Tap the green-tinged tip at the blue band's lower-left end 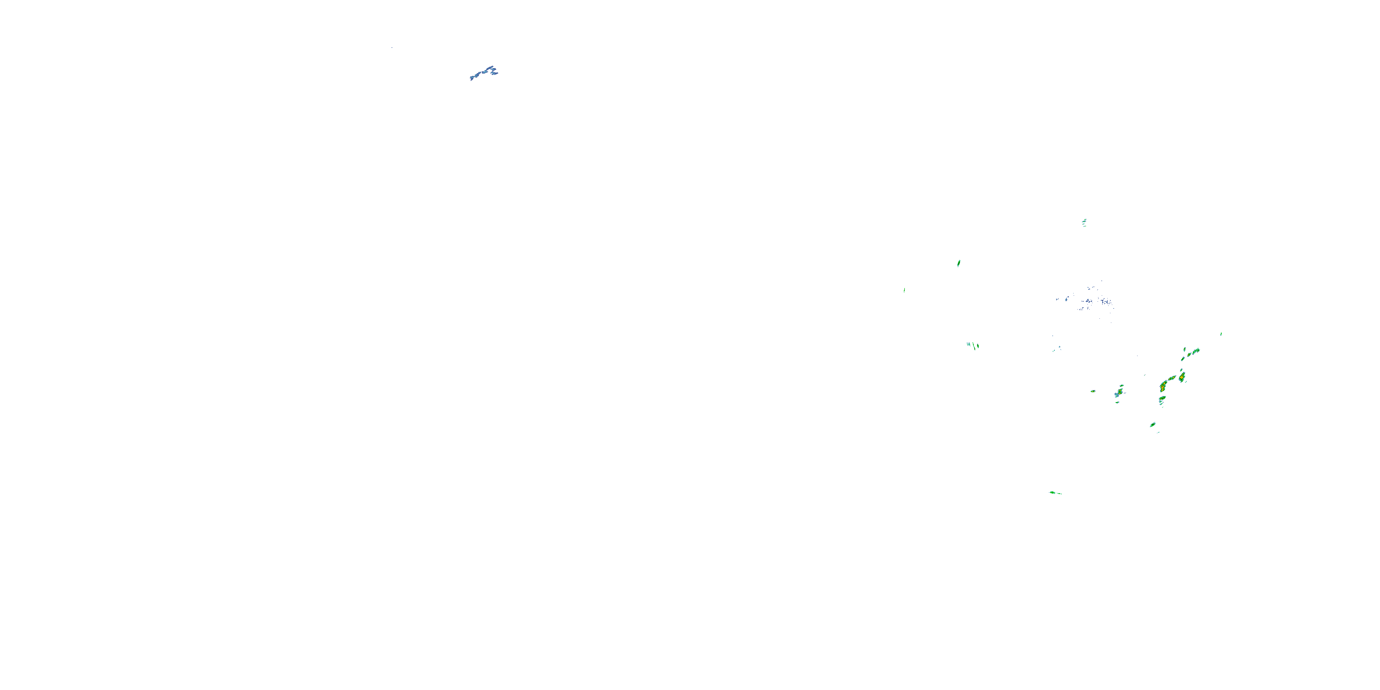coord(472,78)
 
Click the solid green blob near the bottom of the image coord(1052,492)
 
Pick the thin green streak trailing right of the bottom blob coord(1058,494)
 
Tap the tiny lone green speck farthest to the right coord(1221,334)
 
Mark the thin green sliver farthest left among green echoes coord(904,290)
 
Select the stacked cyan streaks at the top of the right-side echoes coord(1084,222)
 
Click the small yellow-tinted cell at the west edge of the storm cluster coord(1093,391)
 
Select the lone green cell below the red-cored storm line coord(1152,425)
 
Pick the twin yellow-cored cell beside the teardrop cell coord(1172,378)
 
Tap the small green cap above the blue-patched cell coord(1121,386)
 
